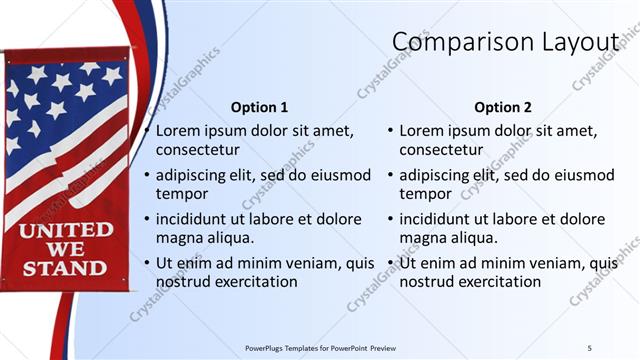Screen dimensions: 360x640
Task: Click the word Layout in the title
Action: [580, 42]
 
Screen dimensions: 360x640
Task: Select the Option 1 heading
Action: [259, 107]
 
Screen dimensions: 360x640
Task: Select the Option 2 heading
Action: [503, 107]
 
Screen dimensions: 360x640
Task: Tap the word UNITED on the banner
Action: [66, 231]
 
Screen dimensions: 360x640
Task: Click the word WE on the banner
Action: [66, 249]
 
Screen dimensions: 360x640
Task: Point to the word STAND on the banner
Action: [66, 268]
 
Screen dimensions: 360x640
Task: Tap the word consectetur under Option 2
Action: [441, 150]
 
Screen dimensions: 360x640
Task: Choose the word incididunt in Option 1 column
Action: [195, 219]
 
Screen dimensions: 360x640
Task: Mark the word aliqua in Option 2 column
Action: [468, 238]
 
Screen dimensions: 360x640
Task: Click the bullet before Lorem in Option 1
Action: [147, 131]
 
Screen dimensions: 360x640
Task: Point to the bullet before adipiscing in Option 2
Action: [391, 175]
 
